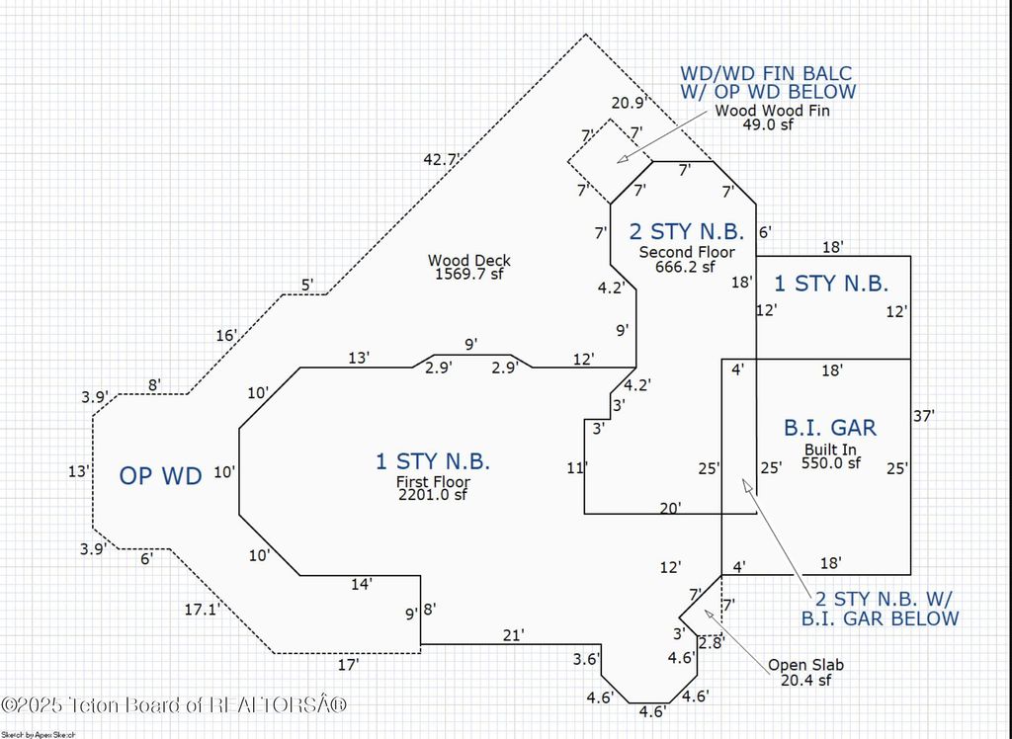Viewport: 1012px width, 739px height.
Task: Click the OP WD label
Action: pyautogui.click(x=160, y=476)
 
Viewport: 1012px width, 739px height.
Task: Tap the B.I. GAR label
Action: pyautogui.click(x=830, y=428)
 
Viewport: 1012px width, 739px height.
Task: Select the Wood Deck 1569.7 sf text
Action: pyautogui.click(x=468, y=267)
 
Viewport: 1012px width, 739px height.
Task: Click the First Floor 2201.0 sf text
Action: pyautogui.click(x=433, y=488)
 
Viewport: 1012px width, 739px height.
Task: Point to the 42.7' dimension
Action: pyautogui.click(x=441, y=158)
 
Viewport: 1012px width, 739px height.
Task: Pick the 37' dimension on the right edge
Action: pyautogui.click(x=923, y=417)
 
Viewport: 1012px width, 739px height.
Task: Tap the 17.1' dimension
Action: pyautogui.click(x=201, y=611)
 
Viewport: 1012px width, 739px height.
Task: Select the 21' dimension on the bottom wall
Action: pyautogui.click(x=513, y=635)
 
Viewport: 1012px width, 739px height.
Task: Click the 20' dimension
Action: pyautogui.click(x=670, y=508)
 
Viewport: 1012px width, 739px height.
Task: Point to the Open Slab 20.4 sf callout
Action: pyautogui.click(x=806, y=672)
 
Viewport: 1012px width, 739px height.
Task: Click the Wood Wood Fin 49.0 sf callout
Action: pyautogui.click(x=773, y=118)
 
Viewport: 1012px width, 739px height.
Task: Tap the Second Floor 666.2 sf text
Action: pyautogui.click(x=687, y=259)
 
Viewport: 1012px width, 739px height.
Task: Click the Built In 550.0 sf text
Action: pyautogui.click(x=830, y=455)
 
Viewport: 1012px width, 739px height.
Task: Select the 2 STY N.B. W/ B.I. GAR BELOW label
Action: pyautogui.click(x=886, y=609)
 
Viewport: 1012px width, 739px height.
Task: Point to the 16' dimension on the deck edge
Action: pyautogui.click(x=226, y=336)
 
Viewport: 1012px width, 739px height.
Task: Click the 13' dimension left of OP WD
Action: pyautogui.click(x=79, y=472)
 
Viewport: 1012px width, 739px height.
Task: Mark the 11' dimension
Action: pyautogui.click(x=577, y=468)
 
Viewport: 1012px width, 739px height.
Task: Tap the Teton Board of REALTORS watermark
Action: pyautogui.click(x=175, y=705)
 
